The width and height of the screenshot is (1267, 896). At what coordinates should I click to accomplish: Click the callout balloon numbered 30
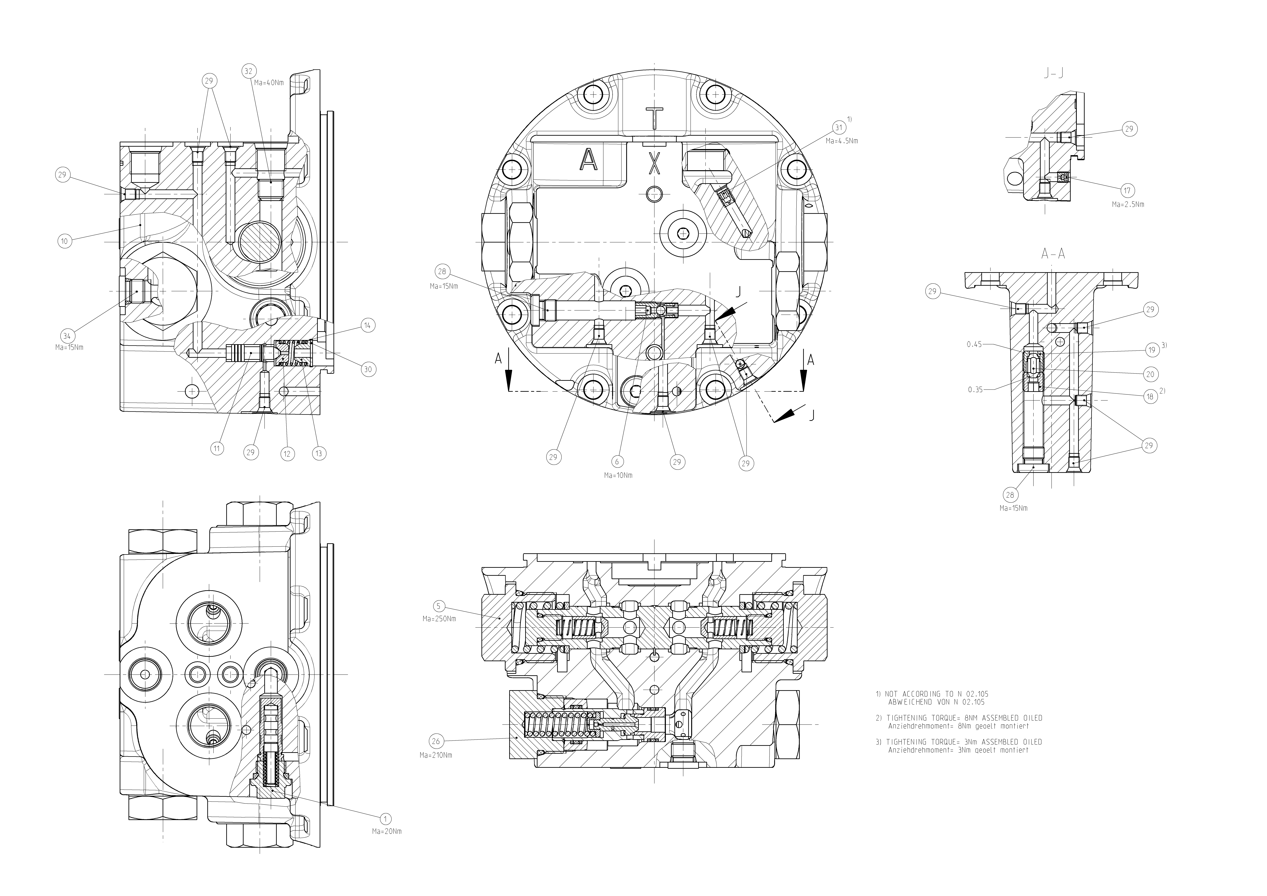click(x=368, y=369)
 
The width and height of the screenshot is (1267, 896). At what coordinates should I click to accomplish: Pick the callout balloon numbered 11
click(x=217, y=448)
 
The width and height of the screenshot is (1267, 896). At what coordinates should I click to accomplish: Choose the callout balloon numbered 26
click(x=436, y=741)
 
